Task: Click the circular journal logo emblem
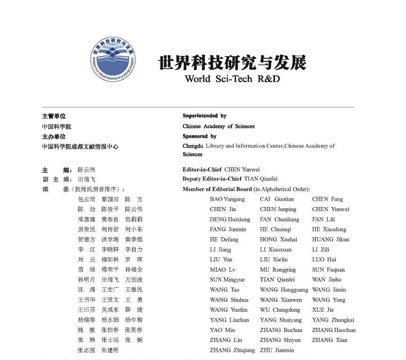113,60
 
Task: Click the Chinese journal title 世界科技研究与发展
232,63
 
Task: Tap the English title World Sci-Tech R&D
232,79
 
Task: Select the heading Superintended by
204,116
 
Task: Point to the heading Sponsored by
199,136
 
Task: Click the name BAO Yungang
227,199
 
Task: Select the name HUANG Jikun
331,240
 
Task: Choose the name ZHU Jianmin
277,350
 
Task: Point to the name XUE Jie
323,310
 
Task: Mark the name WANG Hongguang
284,290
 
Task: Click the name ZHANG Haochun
334,330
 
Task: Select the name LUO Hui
324,259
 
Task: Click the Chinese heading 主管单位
54,116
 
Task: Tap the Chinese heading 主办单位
54,136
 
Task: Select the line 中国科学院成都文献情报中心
80,147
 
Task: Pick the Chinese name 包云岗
87,199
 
